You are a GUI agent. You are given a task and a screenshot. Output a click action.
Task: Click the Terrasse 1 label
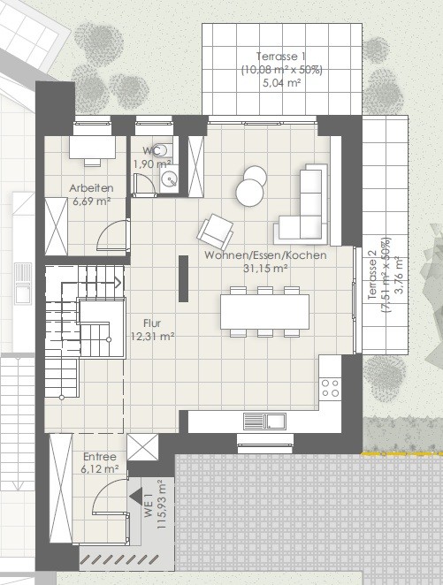(281, 57)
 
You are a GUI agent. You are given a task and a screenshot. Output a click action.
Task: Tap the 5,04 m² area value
(282, 83)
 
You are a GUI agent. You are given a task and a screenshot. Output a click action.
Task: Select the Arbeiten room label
(91, 188)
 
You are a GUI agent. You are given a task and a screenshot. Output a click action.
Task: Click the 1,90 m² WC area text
(152, 163)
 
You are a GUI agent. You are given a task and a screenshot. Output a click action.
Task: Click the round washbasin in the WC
(169, 180)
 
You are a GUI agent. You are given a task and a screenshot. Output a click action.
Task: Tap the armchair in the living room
(216, 232)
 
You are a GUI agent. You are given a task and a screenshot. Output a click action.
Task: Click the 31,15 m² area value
(265, 269)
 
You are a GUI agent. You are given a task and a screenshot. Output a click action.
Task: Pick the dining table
(264, 312)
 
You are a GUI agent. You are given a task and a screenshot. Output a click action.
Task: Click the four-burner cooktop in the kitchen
(331, 388)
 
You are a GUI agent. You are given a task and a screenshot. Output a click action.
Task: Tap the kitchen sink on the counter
(264, 422)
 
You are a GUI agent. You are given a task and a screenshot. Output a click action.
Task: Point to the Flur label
(152, 323)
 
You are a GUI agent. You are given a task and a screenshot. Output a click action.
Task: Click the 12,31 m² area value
(153, 336)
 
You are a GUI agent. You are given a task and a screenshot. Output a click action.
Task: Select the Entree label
(100, 457)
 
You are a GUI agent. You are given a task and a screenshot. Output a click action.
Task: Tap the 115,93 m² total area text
(161, 504)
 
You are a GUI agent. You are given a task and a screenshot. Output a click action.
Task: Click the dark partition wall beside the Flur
(183, 278)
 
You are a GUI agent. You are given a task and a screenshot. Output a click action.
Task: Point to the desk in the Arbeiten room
(92, 147)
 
